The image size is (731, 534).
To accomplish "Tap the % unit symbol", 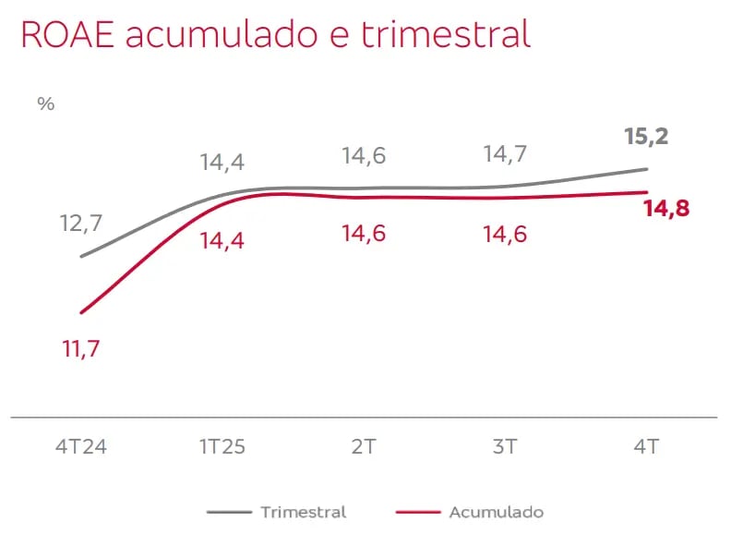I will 45,103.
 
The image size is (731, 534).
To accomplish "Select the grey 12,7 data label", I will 81,223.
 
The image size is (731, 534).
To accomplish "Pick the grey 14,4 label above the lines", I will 222,163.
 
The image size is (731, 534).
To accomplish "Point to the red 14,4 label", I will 222,240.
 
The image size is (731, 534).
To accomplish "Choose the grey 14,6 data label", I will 364,155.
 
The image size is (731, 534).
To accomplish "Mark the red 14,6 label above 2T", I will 364,234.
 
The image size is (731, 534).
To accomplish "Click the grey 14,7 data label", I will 505,155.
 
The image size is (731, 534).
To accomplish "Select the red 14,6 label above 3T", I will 505,234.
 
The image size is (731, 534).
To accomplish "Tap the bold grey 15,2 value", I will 646,137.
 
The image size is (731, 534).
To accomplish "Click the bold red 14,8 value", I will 666,209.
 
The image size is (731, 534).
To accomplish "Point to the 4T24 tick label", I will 80,448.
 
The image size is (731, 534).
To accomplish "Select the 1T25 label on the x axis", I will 222,448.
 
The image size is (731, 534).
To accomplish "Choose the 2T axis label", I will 364,448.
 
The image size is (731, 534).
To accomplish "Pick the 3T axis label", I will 505,448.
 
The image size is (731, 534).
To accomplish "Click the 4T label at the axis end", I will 646,448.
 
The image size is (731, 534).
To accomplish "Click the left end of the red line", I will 81,312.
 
